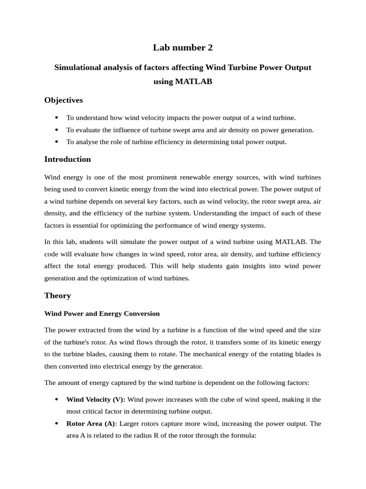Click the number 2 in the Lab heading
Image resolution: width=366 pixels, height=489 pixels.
(210, 47)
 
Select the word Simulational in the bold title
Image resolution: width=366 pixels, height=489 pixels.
(79, 67)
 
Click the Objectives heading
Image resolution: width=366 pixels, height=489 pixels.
(63, 100)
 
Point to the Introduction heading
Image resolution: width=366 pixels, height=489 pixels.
(67, 159)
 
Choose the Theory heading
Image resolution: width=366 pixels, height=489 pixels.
(58, 296)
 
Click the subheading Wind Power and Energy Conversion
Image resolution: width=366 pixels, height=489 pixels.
(102, 314)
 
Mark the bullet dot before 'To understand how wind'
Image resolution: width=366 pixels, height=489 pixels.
(57, 117)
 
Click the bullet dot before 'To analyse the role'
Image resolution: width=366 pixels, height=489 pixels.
(57, 142)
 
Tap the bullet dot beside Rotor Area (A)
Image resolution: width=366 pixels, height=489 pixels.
(57, 424)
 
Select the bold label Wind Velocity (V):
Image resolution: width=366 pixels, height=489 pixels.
(96, 399)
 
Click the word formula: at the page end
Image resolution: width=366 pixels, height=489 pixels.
(244, 436)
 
